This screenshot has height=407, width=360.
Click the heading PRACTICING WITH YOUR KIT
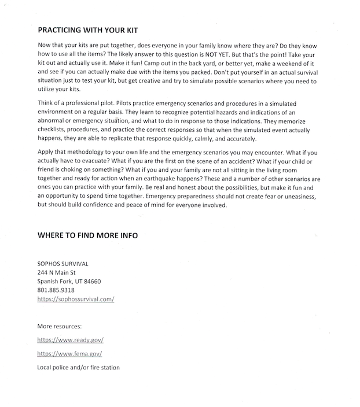tap(88, 29)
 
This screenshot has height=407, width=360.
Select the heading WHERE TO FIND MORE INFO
tap(87, 235)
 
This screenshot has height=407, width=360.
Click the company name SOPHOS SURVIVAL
tap(63, 263)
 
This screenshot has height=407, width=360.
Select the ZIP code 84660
tap(90, 281)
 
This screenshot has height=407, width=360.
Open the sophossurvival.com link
tap(75, 299)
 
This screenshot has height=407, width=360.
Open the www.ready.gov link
tap(70, 341)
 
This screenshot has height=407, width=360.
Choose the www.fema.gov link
tap(69, 353)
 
